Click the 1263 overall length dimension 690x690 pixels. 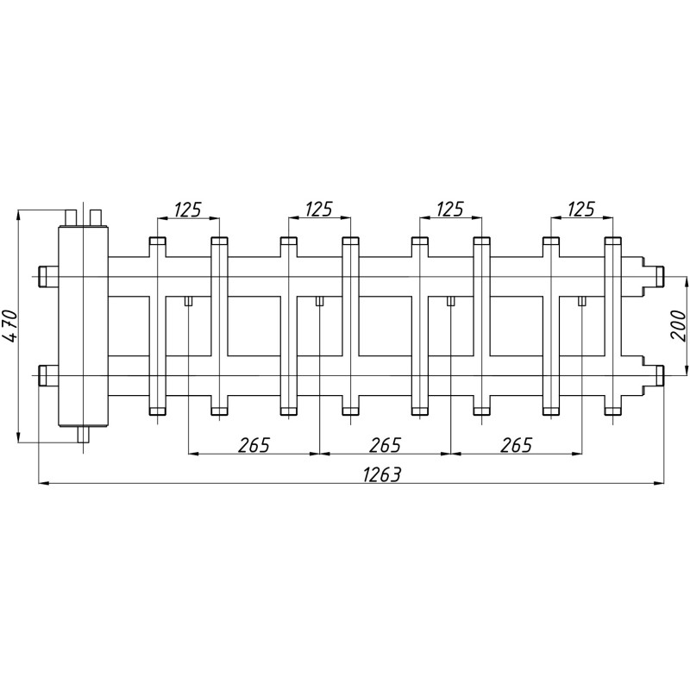click(x=382, y=475)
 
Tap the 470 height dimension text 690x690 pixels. click(x=10, y=326)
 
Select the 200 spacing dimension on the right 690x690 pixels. click(x=678, y=325)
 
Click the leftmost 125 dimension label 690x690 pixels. click(x=188, y=210)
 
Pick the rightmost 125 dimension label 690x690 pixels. click(x=581, y=210)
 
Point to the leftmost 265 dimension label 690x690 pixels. click(x=254, y=445)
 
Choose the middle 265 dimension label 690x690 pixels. click(x=385, y=445)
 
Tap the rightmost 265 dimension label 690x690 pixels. click(x=516, y=445)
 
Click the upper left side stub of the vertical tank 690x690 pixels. click(x=48, y=277)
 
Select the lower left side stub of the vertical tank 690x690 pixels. click(x=48, y=376)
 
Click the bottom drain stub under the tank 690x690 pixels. click(x=83, y=435)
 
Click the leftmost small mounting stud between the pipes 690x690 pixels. click(x=188, y=301)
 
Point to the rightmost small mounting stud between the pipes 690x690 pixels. click(x=582, y=301)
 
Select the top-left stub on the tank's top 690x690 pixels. click(x=71, y=218)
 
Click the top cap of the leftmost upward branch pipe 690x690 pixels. click(x=158, y=241)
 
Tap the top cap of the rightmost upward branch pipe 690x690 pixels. click(x=613, y=241)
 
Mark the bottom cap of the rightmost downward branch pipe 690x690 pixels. click(x=613, y=411)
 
